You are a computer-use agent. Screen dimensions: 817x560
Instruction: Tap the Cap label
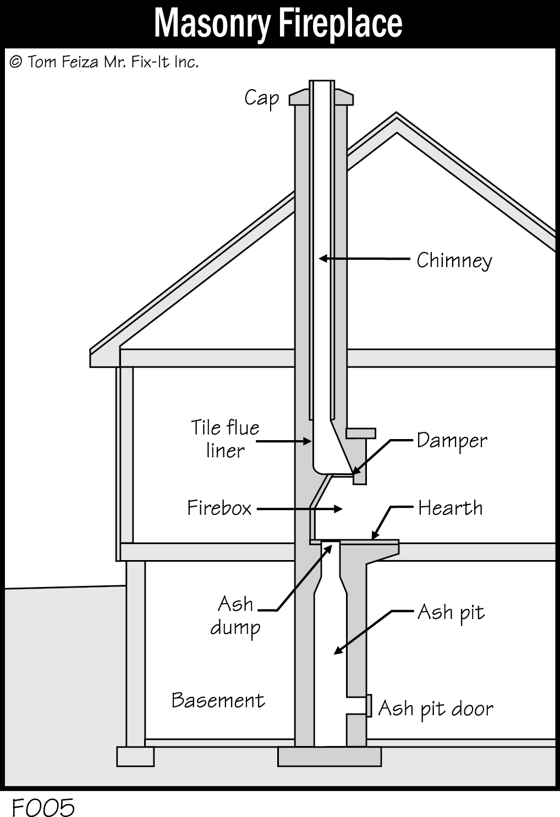[x=261, y=98]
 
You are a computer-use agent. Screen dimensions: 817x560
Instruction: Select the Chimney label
[x=454, y=260]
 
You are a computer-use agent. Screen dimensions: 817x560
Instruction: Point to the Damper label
[x=452, y=441]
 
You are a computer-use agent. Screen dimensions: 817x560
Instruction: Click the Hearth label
[x=450, y=508]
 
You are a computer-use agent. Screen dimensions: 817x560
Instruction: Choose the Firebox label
[x=219, y=508]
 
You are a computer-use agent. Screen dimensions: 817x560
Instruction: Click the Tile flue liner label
[x=225, y=439]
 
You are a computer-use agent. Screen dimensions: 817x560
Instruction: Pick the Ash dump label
[x=235, y=616]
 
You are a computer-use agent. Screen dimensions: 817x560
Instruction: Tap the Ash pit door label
[x=435, y=709]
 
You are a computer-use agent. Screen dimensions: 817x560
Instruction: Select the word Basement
[x=218, y=700]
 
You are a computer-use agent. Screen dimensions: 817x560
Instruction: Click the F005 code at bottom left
[x=43, y=808]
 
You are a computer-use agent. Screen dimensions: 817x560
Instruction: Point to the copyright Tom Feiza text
[x=104, y=62]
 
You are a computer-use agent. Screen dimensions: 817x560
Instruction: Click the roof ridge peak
[x=396, y=117]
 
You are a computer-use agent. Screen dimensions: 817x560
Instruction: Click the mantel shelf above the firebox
[x=360, y=433]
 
